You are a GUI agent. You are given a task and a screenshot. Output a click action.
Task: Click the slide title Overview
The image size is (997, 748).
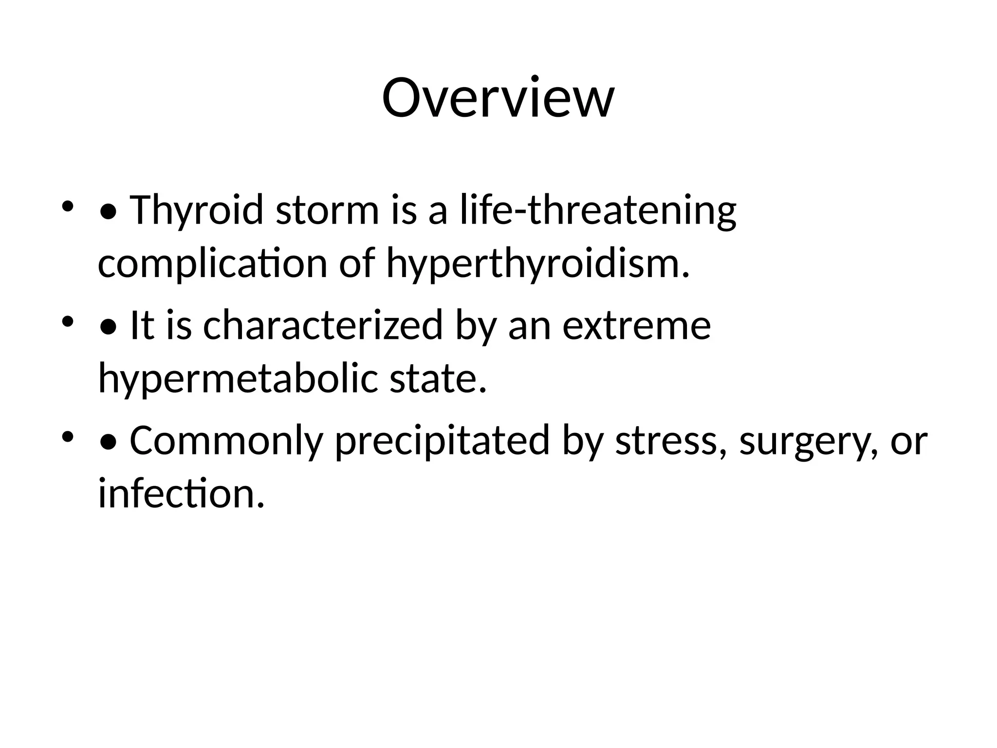click(498, 98)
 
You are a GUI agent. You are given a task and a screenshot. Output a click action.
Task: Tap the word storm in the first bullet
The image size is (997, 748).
click(327, 210)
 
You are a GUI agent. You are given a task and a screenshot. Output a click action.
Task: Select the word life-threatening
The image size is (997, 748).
click(598, 210)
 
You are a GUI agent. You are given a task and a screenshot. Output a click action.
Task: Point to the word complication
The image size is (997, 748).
click(212, 263)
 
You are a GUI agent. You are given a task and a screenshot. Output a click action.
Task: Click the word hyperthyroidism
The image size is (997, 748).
click(538, 263)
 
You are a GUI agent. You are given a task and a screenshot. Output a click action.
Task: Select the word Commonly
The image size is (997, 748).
click(226, 441)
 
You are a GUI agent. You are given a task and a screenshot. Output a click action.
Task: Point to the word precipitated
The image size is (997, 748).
click(443, 441)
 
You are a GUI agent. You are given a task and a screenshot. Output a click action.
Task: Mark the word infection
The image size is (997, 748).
click(181, 493)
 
